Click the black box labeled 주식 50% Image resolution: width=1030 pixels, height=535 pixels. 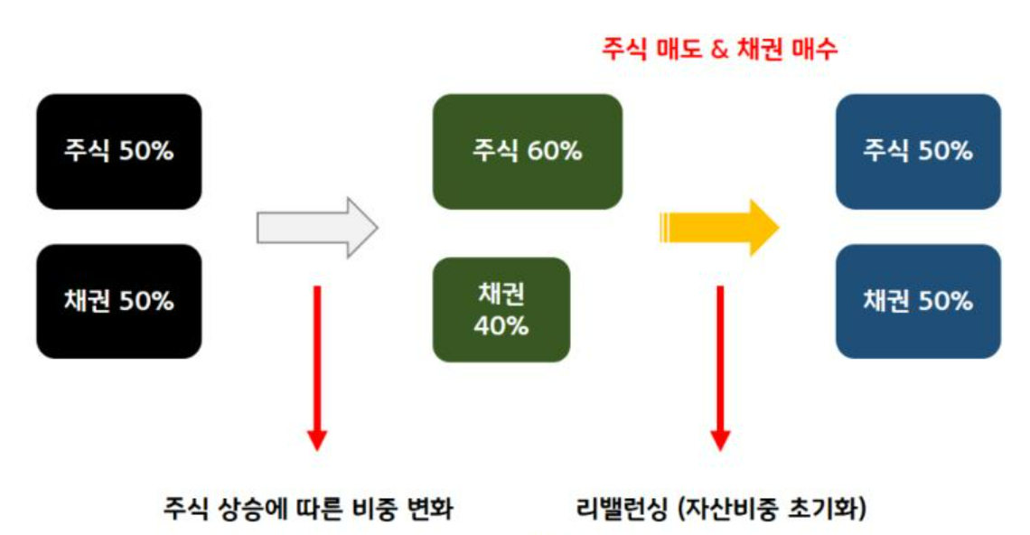point(118,151)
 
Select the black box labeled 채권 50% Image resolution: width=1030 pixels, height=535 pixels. point(118,301)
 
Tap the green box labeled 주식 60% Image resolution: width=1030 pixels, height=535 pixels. point(527,151)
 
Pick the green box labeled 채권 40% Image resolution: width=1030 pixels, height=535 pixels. point(501,310)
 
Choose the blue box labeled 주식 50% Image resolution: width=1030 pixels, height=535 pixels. point(918,151)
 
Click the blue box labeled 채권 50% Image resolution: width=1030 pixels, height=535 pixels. point(918,301)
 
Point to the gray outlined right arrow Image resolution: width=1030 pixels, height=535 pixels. point(316,227)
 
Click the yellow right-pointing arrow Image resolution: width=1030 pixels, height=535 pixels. point(718,227)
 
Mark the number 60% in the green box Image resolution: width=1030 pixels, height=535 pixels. point(555,151)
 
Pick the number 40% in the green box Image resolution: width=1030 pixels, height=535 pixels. point(501,325)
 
